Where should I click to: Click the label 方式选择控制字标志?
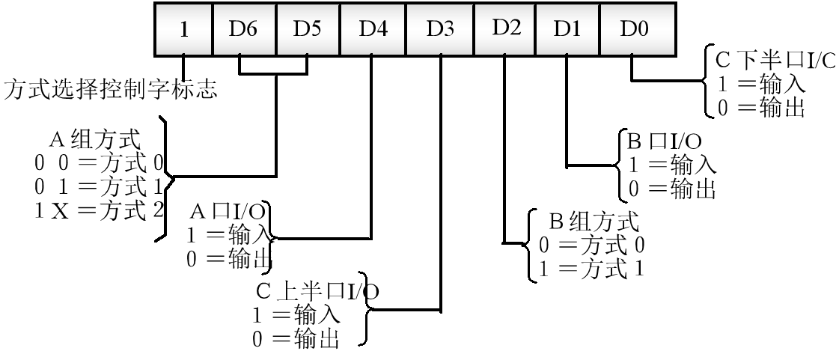point(111,92)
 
